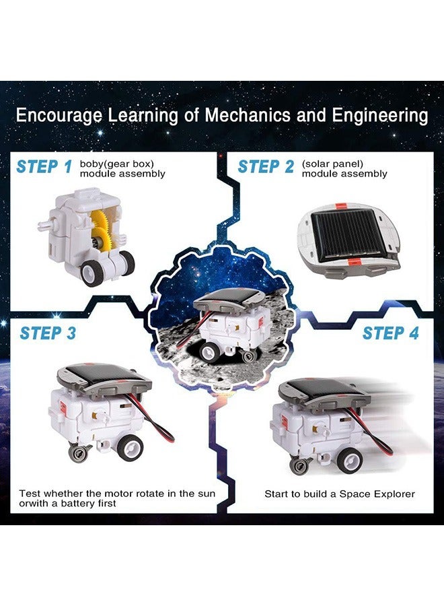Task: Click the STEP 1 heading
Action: pos(44,167)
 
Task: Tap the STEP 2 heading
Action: pos(266,167)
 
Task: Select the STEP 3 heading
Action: pos(48,333)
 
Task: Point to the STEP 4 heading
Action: pos(390,333)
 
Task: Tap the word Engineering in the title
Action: pos(379,115)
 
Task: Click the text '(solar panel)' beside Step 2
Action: pos(332,164)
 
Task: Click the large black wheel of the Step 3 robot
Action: pos(130,446)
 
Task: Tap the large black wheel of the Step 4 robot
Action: pos(349,460)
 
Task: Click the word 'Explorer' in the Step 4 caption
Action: pos(394,494)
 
